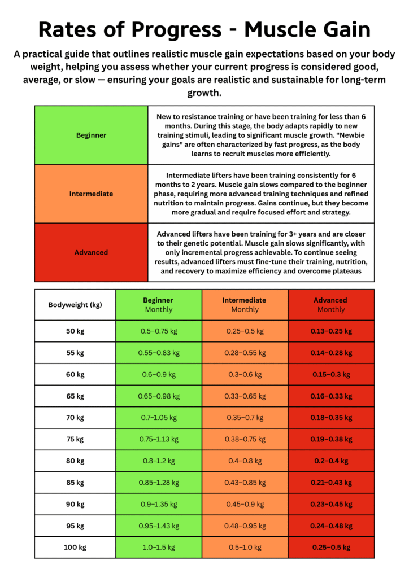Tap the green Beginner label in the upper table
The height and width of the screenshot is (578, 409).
[x=91, y=135]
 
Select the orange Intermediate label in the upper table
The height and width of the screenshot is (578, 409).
[x=91, y=194]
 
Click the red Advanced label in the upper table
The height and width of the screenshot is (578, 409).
[x=91, y=252]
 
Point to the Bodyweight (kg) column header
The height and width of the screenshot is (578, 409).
[x=75, y=305]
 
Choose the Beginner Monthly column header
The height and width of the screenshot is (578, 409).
[x=159, y=305]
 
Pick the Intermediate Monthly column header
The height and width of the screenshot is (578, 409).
[x=245, y=305]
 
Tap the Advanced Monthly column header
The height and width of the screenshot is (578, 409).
[x=331, y=305]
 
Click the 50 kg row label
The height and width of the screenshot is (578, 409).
[x=75, y=331]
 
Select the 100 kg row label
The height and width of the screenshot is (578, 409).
[x=75, y=548]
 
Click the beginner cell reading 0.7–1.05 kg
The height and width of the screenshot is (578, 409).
[x=159, y=418]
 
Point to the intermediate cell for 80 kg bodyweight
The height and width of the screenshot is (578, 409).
[x=245, y=461]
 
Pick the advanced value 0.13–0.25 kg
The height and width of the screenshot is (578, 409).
[x=331, y=331]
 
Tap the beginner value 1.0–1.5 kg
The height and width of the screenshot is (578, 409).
[x=159, y=548]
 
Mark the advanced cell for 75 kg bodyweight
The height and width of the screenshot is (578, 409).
[x=331, y=439]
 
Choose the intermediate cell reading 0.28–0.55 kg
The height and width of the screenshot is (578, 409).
[x=245, y=353]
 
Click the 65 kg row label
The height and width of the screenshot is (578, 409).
[x=75, y=396]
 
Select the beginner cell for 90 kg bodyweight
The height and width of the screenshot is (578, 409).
[x=159, y=504]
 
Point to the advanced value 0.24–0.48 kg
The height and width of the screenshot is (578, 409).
[x=331, y=526]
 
